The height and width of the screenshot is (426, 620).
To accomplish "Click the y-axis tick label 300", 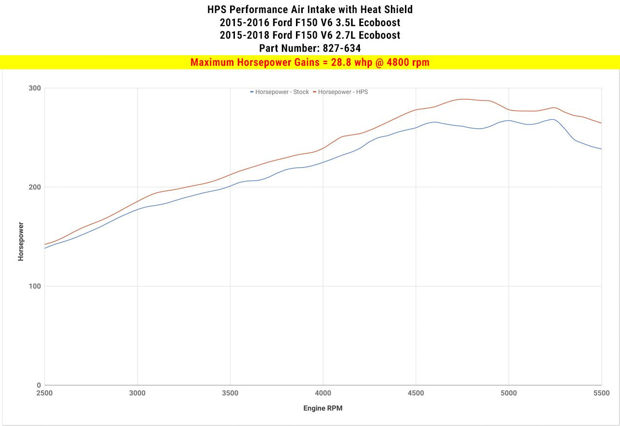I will point(35,88).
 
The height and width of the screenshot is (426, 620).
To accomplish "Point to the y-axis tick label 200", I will point(35,187).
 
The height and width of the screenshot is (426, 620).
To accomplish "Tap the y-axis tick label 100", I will point(35,286).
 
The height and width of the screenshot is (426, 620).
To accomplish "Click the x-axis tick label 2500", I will point(45,393).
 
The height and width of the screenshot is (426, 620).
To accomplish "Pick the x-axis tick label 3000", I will point(138,393).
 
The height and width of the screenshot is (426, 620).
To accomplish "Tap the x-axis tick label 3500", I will point(230,393).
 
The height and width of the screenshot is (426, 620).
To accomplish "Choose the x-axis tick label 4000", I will point(323,393).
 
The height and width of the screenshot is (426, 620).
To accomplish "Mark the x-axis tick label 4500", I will point(416,393).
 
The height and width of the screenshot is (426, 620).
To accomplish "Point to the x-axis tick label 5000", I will point(509,393).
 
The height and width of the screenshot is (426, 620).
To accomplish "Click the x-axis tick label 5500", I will point(601,393).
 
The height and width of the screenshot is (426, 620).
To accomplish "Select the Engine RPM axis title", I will point(323,408).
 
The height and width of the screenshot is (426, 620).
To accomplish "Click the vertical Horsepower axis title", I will point(21,242).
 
